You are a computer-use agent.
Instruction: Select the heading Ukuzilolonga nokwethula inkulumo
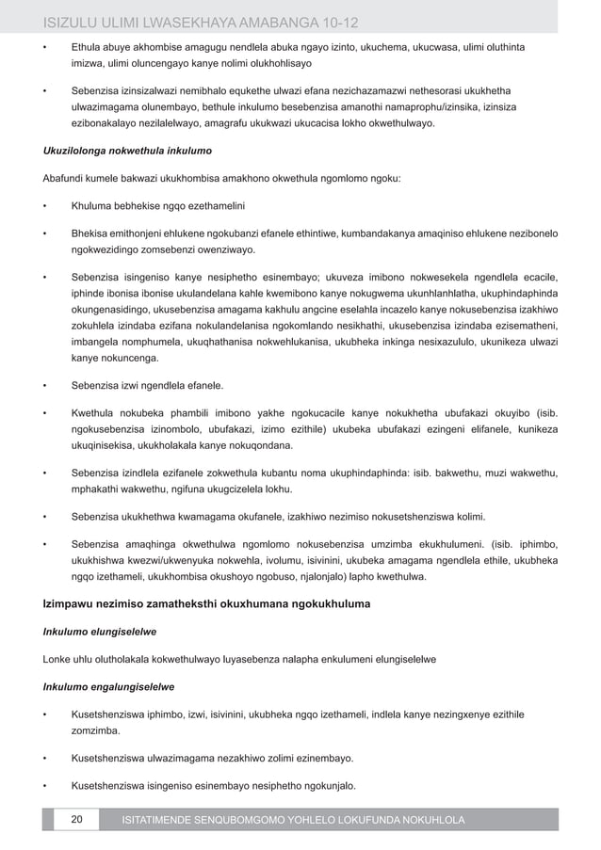pos(127,151)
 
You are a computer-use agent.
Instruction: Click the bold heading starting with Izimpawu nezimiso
pos(206,602)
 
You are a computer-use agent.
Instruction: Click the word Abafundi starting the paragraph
pos(64,178)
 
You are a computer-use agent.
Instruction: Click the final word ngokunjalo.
pos(323,785)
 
